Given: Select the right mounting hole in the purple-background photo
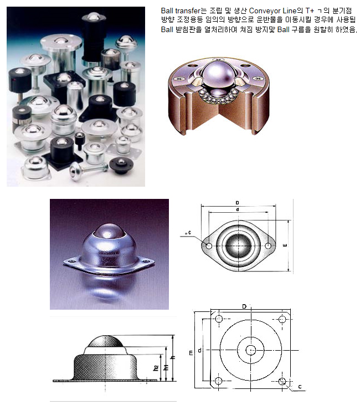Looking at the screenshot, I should pos(147,259).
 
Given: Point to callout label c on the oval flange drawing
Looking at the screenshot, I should pos(189,233).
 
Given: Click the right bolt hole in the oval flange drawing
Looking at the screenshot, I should pos(268,245).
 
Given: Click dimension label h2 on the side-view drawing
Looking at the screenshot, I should pos(156,367).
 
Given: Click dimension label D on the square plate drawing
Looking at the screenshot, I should pos(244,306).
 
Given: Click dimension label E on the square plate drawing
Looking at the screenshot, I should pos(191,351).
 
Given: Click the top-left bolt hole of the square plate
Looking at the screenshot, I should pos(219,320).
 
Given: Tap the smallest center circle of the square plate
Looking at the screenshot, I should pos(251,350).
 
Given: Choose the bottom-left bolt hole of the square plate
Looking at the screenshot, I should pos(219,381).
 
